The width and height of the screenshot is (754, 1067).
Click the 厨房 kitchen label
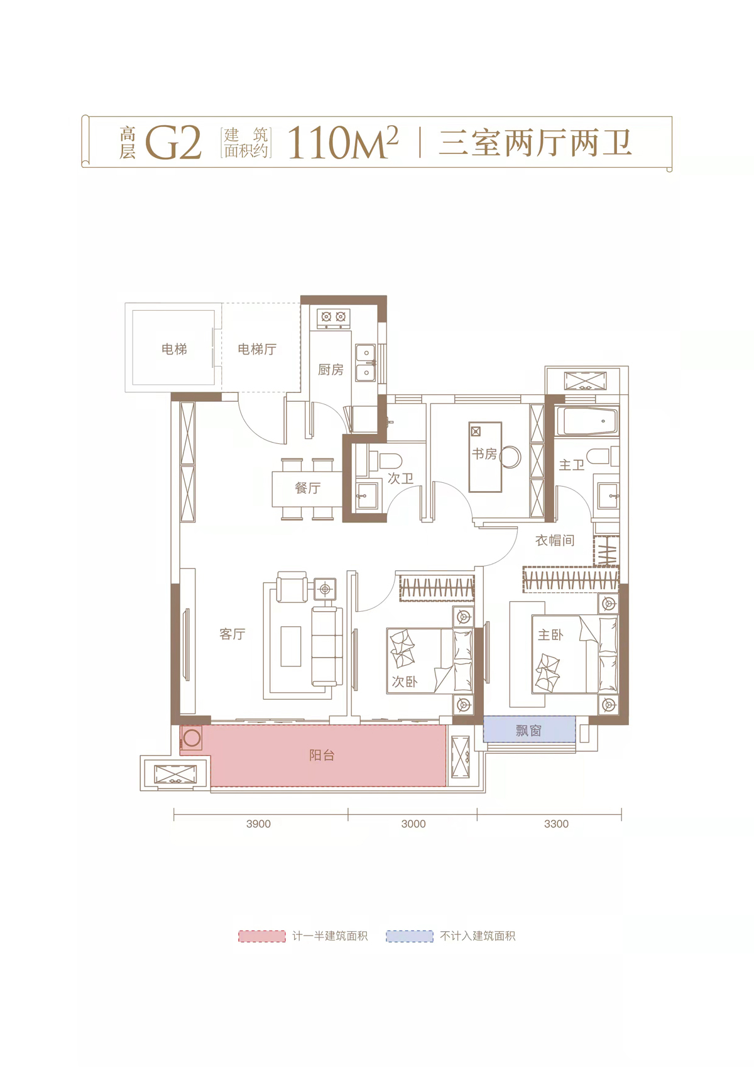(x=331, y=370)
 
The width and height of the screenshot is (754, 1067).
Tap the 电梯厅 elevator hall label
(x=257, y=349)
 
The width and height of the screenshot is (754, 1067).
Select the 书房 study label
(x=484, y=454)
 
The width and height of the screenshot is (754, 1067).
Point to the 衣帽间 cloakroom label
(x=555, y=540)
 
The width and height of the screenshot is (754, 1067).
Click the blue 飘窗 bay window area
(x=529, y=729)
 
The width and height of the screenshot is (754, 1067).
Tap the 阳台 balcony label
(x=322, y=755)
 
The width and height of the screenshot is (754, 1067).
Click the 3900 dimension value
(x=258, y=824)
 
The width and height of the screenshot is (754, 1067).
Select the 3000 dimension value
(x=413, y=824)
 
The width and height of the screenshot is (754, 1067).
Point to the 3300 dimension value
(x=557, y=824)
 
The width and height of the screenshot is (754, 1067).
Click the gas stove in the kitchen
(x=333, y=317)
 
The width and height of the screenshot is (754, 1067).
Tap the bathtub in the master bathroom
(x=587, y=421)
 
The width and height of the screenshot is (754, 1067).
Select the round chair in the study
(x=510, y=457)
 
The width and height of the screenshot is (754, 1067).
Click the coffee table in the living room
(x=291, y=646)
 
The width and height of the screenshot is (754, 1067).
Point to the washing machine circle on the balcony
(x=192, y=738)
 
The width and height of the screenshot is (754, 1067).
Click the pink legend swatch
(x=262, y=936)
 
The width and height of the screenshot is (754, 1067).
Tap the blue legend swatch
(x=410, y=936)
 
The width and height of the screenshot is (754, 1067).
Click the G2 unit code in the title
(x=173, y=143)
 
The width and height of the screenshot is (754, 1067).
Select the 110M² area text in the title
(x=342, y=142)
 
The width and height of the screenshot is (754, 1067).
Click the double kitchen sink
(x=366, y=363)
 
